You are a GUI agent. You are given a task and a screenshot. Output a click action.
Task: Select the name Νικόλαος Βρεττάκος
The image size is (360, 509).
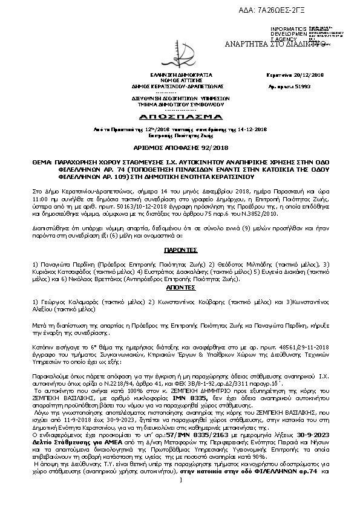[x=94, y=280]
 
